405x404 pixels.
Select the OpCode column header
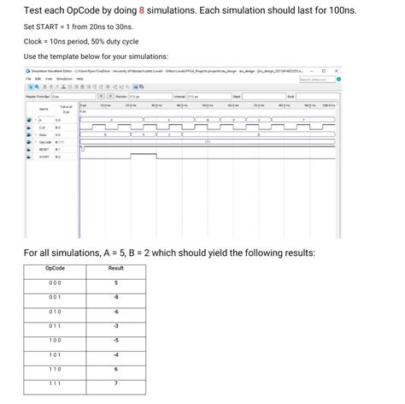click(x=55, y=269)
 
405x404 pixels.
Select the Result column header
click(x=117, y=269)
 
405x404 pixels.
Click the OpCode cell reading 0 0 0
click(x=55, y=283)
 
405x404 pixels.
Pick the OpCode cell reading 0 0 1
click(x=55, y=299)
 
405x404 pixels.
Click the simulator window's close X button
click(x=336, y=70)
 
